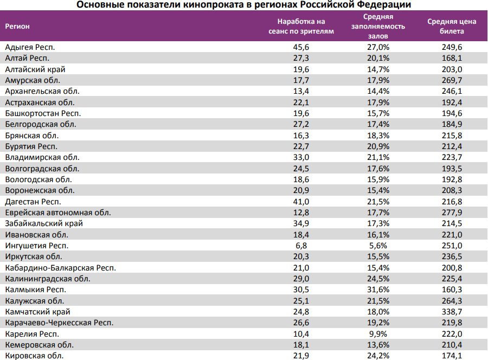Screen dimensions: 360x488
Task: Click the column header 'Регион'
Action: pyautogui.click(x=17, y=26)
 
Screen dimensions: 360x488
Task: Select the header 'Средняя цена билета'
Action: pyautogui.click(x=452, y=26)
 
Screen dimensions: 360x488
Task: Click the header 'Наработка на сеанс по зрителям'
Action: pyautogui.click(x=301, y=26)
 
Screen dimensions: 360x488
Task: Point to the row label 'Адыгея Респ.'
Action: pyautogui.click(x=30, y=48)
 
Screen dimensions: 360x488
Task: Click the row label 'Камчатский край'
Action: pyautogui.click(x=37, y=312)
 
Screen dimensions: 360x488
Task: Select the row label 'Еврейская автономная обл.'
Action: pyautogui.click(x=58, y=213)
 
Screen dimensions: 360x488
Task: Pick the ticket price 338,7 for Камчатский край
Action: pyautogui.click(x=452, y=312)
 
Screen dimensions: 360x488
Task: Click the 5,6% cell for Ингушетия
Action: pyautogui.click(x=378, y=246)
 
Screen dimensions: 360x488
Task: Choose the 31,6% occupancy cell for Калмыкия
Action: pyautogui.click(x=378, y=290)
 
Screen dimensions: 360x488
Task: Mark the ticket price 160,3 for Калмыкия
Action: pyautogui.click(x=452, y=290)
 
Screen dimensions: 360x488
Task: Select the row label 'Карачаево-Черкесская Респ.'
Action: pyautogui.click(x=59, y=323)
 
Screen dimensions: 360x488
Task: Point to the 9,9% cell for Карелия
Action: pyautogui.click(x=378, y=334)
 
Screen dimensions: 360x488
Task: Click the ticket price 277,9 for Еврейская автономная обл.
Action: pyautogui.click(x=452, y=213)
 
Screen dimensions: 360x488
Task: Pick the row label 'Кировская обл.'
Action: pyautogui.click(x=34, y=356)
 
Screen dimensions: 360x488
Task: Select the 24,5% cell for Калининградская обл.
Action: pyautogui.click(x=378, y=279)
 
